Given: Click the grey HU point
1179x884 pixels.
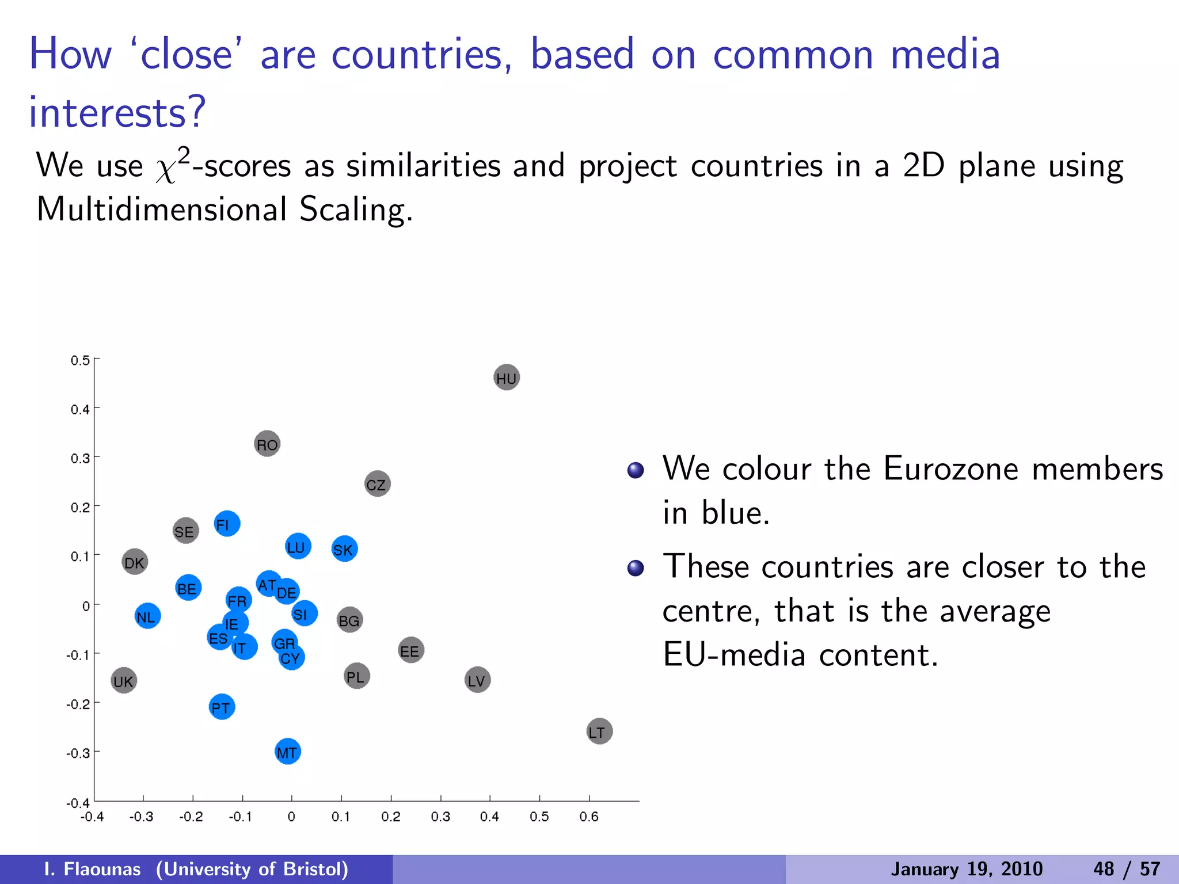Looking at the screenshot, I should click(507, 378).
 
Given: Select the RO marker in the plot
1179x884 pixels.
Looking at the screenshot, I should click(267, 444).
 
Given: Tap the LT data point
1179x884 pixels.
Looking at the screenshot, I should click(599, 731).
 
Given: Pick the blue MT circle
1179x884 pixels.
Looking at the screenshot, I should click(288, 752).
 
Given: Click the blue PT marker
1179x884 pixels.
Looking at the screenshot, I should click(222, 707).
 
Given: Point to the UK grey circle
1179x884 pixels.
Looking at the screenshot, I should click(124, 681).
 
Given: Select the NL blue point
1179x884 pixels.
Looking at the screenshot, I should click(147, 616).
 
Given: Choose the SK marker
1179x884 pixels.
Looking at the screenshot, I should click(344, 549).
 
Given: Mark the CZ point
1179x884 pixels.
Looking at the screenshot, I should click(377, 484).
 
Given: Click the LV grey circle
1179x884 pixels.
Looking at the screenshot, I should click(477, 680).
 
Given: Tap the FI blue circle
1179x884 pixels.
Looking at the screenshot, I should click(227, 524).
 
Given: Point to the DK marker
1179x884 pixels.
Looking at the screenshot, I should click(135, 562).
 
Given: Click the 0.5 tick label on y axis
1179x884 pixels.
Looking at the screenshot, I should click(80, 361).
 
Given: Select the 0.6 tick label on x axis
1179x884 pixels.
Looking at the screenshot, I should click(589, 817).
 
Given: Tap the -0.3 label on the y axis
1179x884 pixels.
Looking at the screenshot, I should click(78, 753).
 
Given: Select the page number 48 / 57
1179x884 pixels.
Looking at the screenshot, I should click(1126, 869).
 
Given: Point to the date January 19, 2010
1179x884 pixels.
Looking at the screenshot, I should click(967, 869).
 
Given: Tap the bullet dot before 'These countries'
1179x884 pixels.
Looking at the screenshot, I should click(636, 569).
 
